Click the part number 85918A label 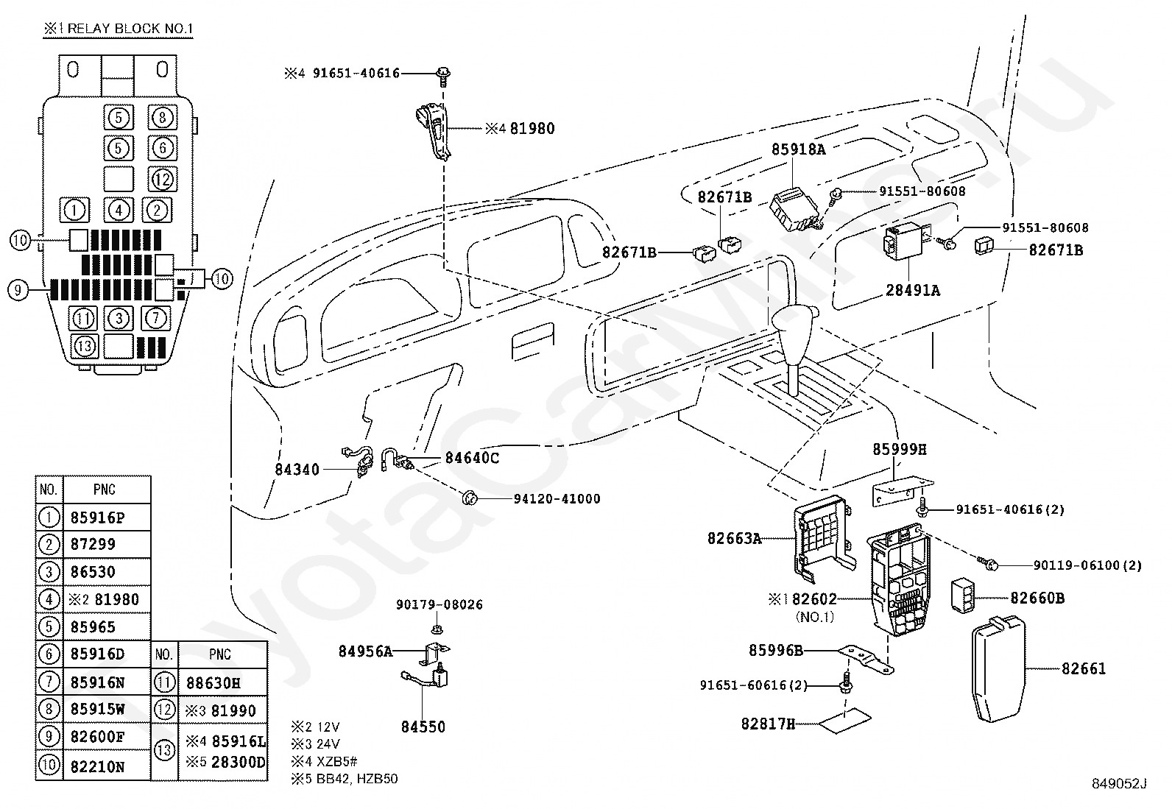(x=799, y=149)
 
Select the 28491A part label (x=913, y=290)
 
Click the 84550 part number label (x=423, y=727)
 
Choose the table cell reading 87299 (x=93, y=545)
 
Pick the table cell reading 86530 (x=93, y=572)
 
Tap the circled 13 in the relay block (x=85, y=345)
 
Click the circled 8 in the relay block (x=163, y=117)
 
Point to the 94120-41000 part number (x=557, y=498)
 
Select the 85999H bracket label (x=900, y=448)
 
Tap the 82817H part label (x=768, y=724)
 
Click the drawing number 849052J (x=1119, y=784)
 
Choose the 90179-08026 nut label (x=439, y=604)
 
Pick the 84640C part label (x=472, y=458)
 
